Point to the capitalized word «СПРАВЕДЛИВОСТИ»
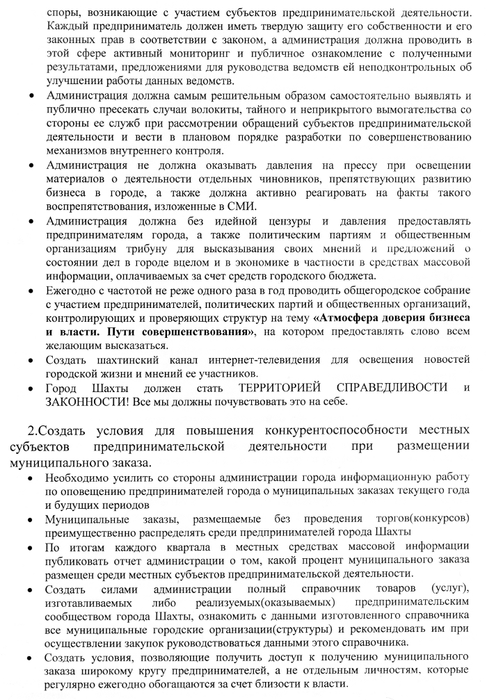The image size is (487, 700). (393, 386)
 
